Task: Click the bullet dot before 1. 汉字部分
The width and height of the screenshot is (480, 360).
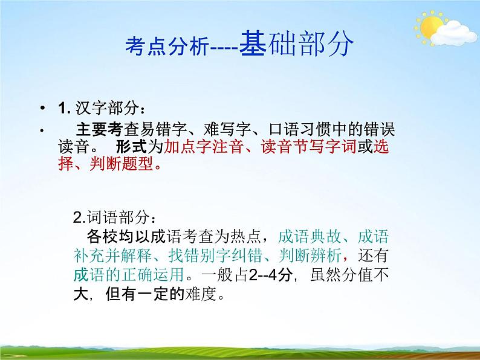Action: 42,109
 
